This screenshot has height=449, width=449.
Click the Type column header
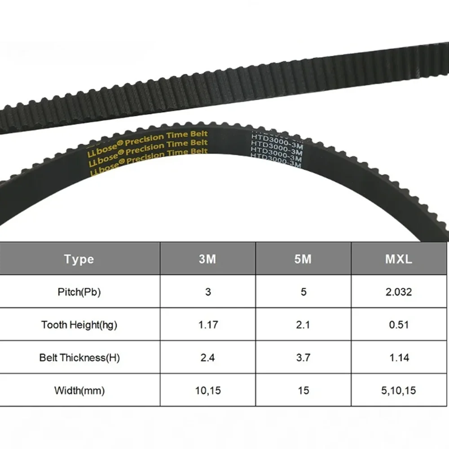pyautogui.click(x=79, y=259)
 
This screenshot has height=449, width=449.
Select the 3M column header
pyautogui.click(x=207, y=259)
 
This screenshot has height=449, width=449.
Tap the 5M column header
pyautogui.click(x=303, y=259)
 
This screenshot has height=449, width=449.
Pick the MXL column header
pyautogui.click(x=399, y=259)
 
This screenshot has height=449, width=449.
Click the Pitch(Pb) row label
pyautogui.click(x=79, y=292)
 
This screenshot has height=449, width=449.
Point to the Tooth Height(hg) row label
pyautogui.click(x=79, y=325)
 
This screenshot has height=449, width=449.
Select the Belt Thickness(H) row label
pyautogui.click(x=79, y=358)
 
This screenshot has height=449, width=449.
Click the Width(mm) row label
pyautogui.click(x=79, y=391)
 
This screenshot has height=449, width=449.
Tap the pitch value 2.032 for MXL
pyautogui.click(x=399, y=292)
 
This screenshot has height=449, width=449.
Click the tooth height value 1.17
pyautogui.click(x=208, y=325)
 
